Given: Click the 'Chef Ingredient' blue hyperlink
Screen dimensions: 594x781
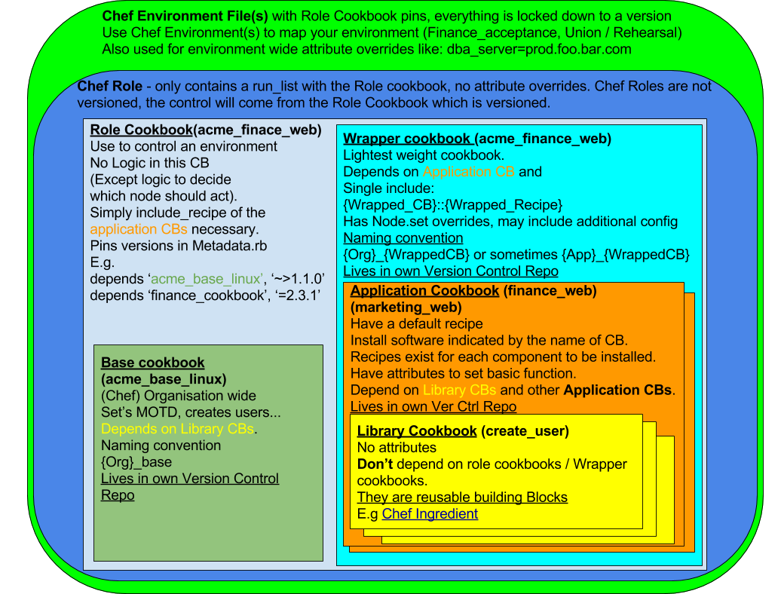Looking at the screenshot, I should (430, 514).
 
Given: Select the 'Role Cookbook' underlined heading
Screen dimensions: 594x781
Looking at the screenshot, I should (141, 130).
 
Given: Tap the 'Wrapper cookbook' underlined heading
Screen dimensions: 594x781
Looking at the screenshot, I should (408, 139).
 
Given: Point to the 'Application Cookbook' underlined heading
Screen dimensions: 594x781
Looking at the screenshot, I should (424, 291).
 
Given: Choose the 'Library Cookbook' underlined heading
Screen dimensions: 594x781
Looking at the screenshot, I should (417, 431).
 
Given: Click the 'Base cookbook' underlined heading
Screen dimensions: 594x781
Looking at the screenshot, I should (153, 363).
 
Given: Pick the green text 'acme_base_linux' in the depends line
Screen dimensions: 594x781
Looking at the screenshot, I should (206, 279).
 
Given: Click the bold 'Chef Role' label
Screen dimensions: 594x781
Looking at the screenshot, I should (110, 86).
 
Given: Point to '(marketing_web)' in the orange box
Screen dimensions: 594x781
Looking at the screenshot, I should (406, 308).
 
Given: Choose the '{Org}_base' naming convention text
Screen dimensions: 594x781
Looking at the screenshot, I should (136, 462).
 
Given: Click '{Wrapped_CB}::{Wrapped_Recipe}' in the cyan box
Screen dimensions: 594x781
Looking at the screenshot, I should (453, 205).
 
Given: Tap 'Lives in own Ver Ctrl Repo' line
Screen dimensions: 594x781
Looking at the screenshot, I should (433, 407).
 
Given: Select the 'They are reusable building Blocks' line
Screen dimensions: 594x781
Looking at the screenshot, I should (462, 498).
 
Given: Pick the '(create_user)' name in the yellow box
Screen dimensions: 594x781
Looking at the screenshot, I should (525, 431).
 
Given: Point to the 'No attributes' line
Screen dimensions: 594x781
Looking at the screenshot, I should (397, 448).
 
